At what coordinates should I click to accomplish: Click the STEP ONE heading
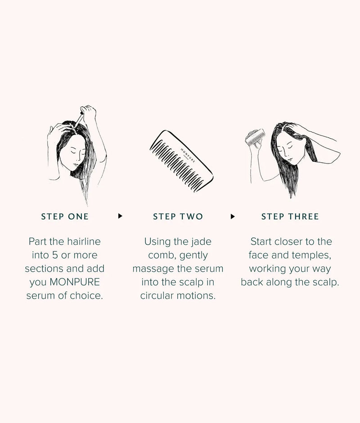[65, 217]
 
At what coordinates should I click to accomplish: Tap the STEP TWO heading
[178, 217]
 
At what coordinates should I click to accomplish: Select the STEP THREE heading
[290, 217]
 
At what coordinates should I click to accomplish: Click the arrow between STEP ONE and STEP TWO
[120, 216]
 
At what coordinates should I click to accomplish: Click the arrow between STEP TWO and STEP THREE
[233, 216]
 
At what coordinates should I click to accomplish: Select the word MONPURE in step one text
[75, 282]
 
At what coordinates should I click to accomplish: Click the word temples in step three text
[311, 255]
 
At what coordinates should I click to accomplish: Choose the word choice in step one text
[88, 296]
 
